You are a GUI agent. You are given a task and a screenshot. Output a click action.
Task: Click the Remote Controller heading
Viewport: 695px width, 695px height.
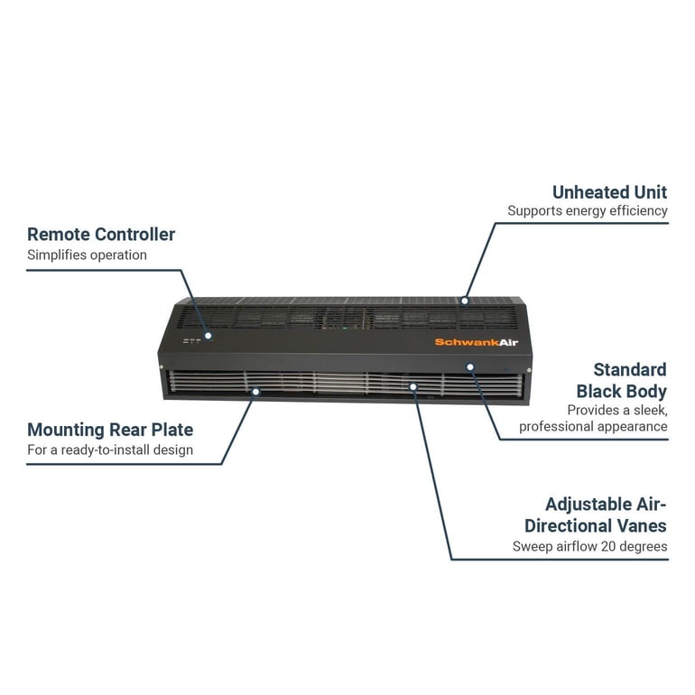[x=101, y=235]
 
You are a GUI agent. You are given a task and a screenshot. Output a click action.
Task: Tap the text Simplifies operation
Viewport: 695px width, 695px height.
[x=87, y=255]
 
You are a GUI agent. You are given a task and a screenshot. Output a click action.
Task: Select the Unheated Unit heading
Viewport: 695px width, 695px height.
[x=609, y=192]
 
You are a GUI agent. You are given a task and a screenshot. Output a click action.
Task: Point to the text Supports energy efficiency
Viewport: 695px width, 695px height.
[x=587, y=211]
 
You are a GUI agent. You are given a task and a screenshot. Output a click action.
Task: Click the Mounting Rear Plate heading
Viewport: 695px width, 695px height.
[x=110, y=430]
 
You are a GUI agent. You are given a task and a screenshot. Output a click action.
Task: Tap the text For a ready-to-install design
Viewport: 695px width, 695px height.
[x=110, y=449]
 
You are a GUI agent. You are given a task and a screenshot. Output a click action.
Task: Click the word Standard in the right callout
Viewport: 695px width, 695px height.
[x=630, y=370]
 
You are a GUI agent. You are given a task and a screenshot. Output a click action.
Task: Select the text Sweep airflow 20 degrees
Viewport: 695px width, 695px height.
[x=589, y=546]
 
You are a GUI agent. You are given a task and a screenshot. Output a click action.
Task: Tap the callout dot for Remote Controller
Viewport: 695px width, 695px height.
[x=208, y=335]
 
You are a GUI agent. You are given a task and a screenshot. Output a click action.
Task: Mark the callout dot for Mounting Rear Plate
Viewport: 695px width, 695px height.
[x=256, y=392]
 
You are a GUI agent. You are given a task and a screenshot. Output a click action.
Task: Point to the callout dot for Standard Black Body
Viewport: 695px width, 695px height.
[x=470, y=366]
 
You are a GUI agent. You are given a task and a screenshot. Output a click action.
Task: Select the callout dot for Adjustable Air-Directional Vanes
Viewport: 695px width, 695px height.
[x=412, y=386]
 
